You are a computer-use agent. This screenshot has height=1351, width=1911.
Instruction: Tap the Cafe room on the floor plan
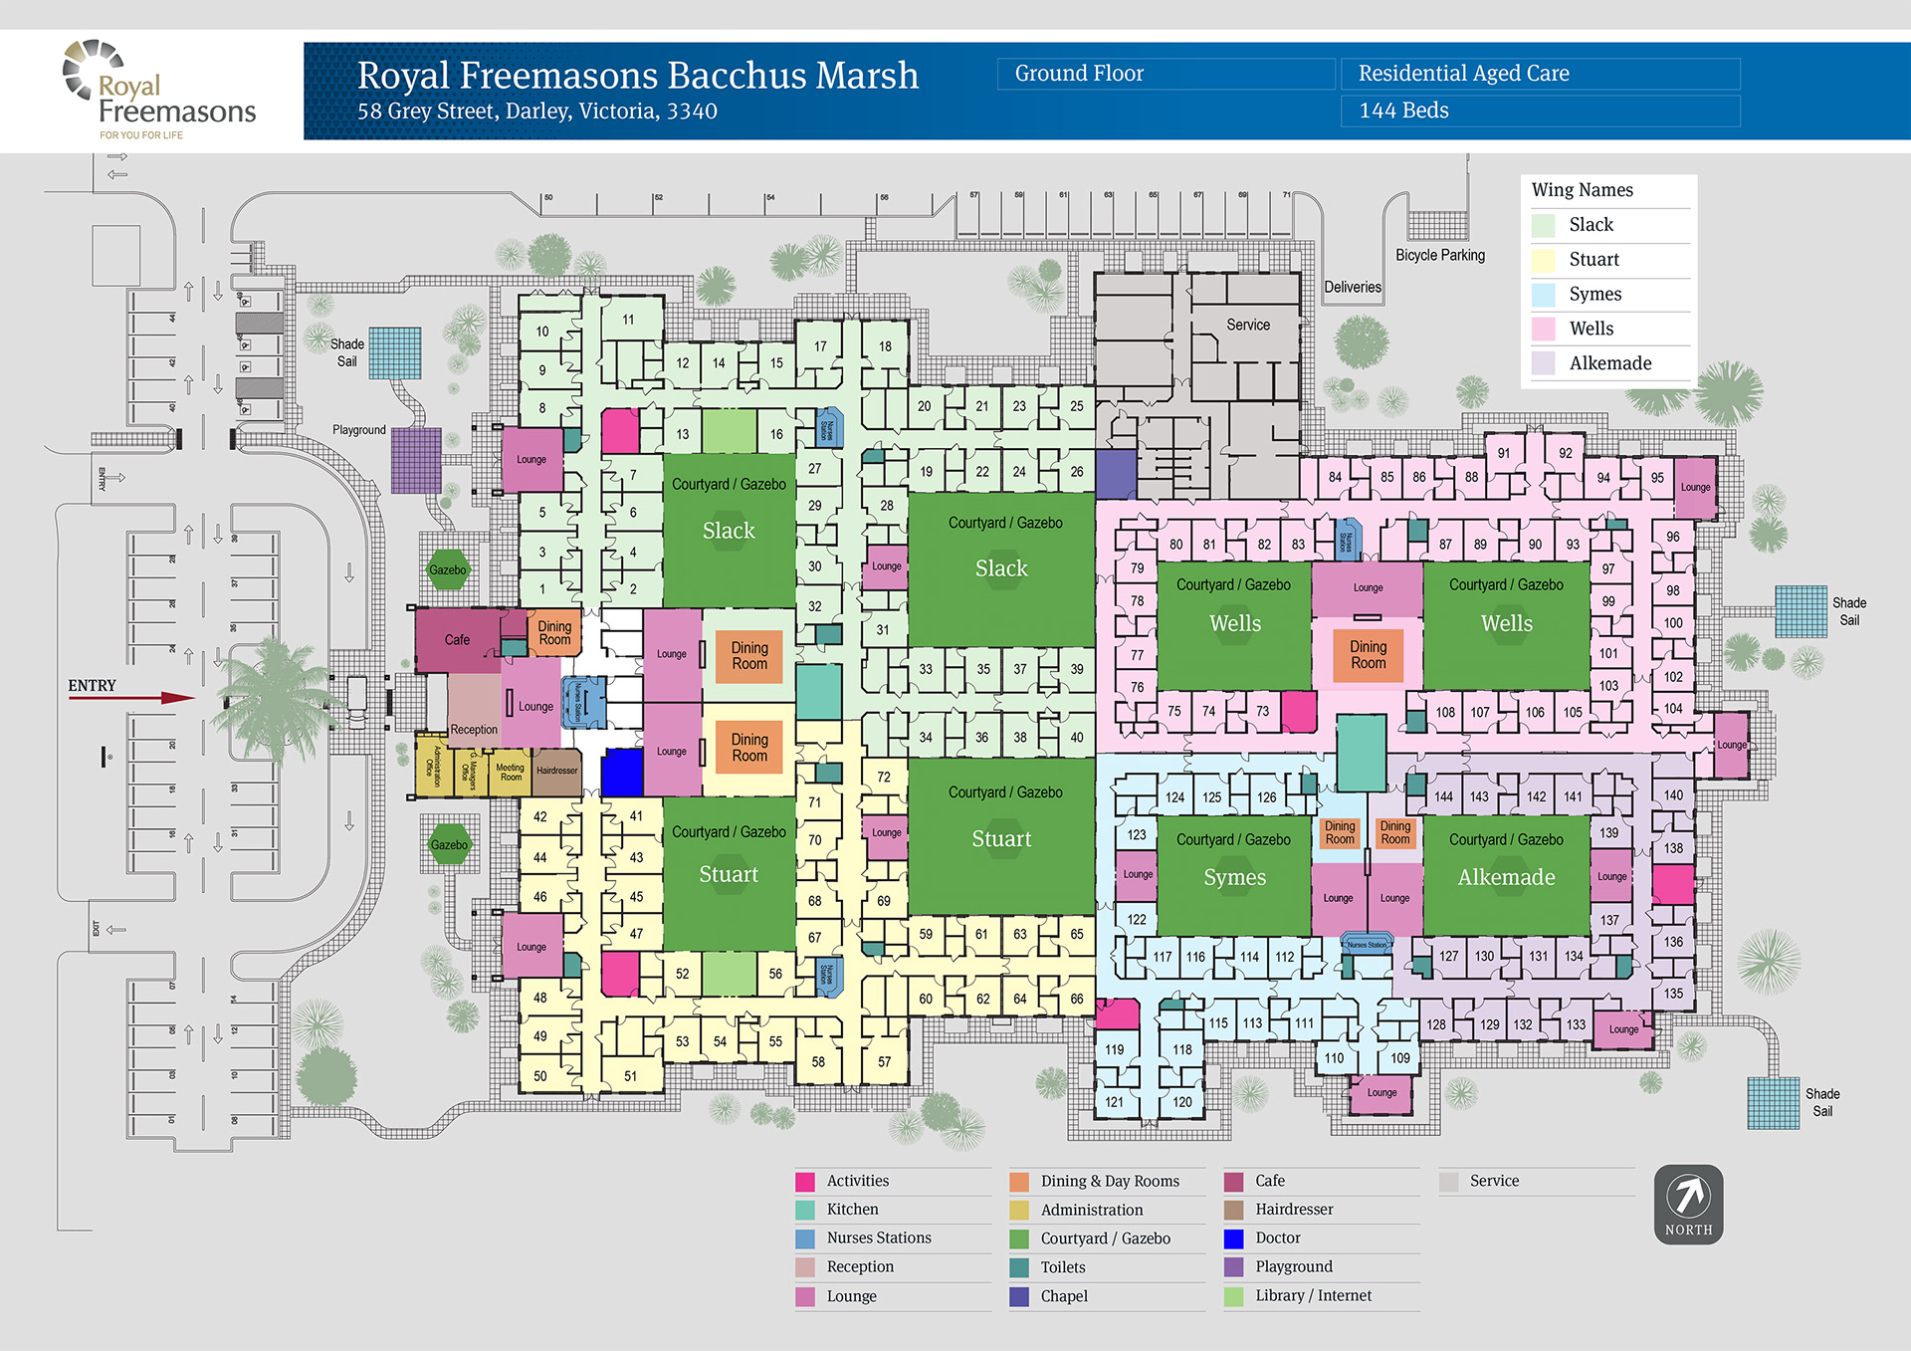[x=457, y=639]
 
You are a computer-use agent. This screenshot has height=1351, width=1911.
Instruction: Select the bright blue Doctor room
[x=622, y=772]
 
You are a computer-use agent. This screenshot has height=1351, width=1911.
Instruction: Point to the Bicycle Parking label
[x=1439, y=255]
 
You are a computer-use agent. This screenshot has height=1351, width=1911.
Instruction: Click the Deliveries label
[x=1352, y=287]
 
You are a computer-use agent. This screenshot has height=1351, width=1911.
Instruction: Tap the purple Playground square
[x=416, y=460]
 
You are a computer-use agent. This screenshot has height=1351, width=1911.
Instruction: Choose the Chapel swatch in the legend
[x=1019, y=1296]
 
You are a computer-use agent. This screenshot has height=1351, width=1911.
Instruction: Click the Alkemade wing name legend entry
[x=1609, y=363]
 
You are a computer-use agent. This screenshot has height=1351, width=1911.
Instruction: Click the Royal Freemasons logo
[x=159, y=91]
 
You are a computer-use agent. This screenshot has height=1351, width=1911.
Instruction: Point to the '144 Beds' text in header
[x=1403, y=111]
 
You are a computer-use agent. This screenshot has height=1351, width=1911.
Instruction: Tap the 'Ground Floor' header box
[x=1165, y=74]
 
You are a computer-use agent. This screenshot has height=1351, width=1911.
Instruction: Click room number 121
[x=1114, y=1102]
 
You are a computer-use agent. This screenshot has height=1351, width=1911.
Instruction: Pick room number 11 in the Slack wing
[x=628, y=320]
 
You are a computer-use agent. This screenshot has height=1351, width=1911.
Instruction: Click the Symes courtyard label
[x=1234, y=877]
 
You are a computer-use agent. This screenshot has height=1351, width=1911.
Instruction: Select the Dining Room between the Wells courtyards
[x=1368, y=655]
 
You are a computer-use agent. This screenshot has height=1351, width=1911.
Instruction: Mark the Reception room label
[x=474, y=729]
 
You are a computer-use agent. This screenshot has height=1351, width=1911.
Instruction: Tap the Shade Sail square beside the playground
[x=395, y=352]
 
